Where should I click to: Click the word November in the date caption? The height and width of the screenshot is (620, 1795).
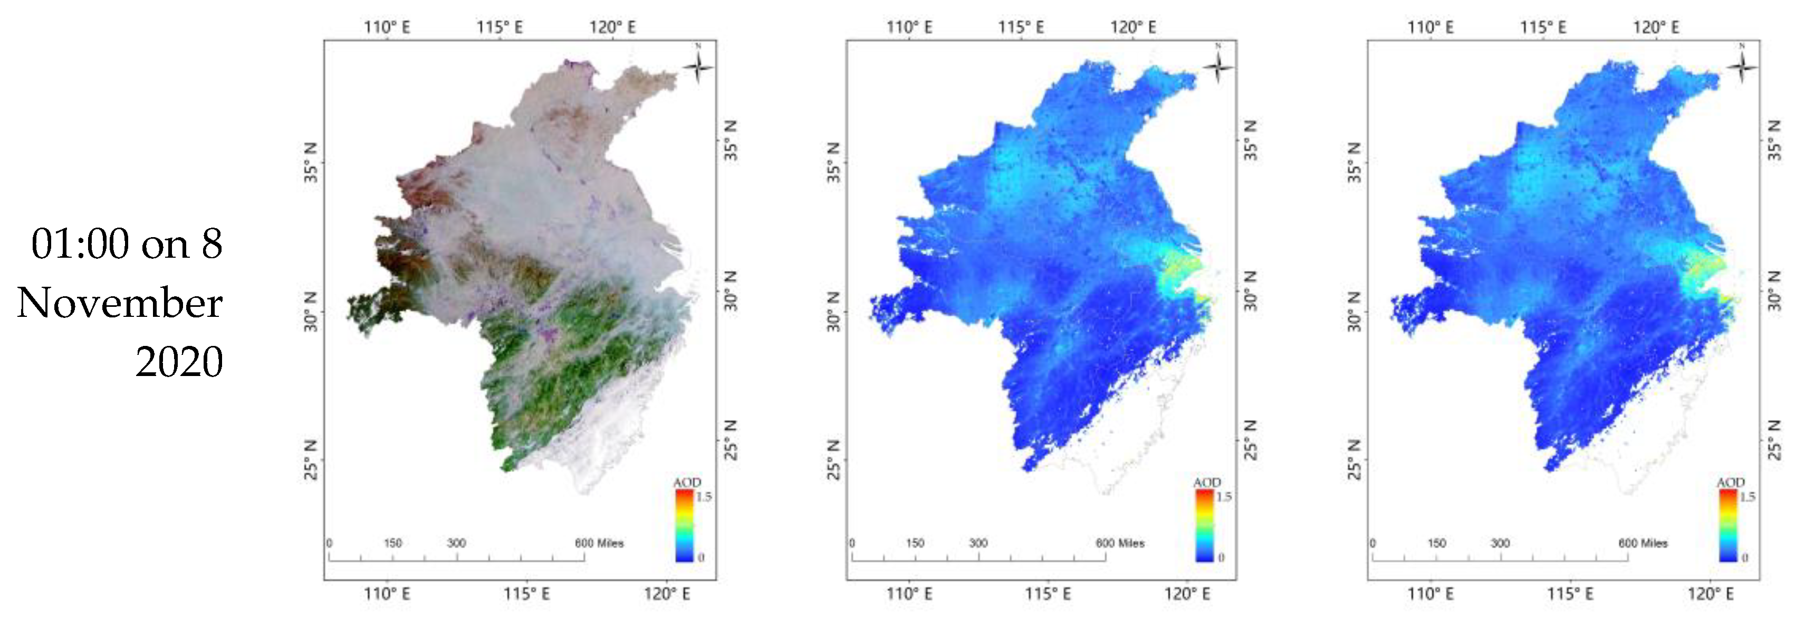click(x=120, y=303)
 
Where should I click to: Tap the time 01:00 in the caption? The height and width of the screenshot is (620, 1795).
click(x=80, y=244)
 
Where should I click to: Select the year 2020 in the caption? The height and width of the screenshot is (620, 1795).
click(x=179, y=362)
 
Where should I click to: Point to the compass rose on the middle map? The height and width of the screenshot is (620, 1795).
click(x=1218, y=67)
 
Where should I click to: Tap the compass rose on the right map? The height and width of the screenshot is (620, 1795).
click(x=1741, y=67)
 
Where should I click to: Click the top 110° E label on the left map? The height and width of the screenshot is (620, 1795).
click(x=387, y=27)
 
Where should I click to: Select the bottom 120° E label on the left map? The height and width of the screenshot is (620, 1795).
click(x=667, y=594)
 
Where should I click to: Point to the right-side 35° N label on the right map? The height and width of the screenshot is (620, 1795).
click(x=1775, y=140)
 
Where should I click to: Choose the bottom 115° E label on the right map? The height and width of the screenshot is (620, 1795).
click(x=1570, y=594)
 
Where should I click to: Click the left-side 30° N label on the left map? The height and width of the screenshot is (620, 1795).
click(x=312, y=311)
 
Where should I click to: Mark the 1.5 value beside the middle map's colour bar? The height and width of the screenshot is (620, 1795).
click(x=1224, y=496)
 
